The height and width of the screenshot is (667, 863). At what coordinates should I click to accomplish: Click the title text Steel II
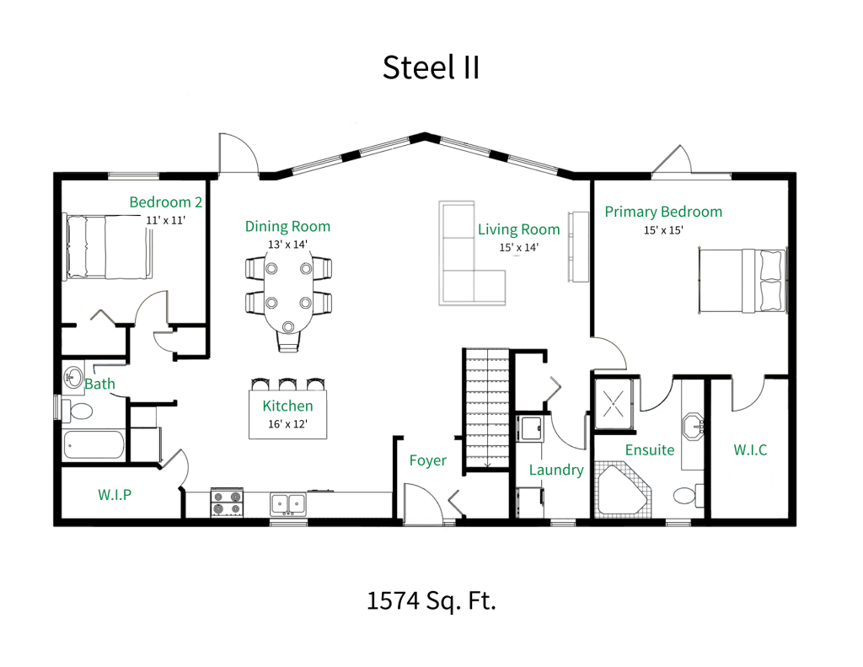coord(431,67)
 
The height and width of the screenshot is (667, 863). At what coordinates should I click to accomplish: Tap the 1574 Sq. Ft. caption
coord(431,601)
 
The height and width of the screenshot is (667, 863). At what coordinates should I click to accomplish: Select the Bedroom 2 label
coord(165,202)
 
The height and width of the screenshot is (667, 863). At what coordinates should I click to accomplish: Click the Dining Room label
coord(287,227)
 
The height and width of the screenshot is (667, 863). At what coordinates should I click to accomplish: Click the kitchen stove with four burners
coord(226,503)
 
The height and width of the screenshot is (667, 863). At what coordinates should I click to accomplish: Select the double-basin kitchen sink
coord(287,504)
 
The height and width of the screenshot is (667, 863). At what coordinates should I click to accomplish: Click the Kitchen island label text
coord(287,406)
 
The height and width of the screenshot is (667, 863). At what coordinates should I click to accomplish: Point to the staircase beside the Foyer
coord(487,410)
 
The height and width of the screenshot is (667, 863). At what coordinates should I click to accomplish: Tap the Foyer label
coord(427,460)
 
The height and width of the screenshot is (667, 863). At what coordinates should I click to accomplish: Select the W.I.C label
coord(750,450)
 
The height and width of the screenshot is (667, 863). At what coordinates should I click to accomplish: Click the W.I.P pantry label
coord(114,494)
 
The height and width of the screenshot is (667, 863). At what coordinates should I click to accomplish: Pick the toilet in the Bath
coord(81,411)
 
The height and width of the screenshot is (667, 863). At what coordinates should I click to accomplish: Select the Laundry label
coord(556,471)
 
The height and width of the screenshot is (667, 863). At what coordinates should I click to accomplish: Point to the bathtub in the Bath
coord(94,444)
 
